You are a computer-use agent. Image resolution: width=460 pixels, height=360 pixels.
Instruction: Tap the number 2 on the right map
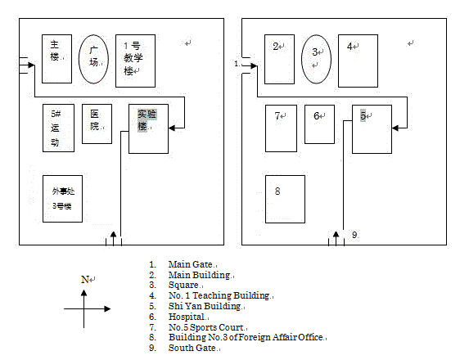276,47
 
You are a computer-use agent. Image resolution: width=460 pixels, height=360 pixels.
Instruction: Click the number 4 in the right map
350,47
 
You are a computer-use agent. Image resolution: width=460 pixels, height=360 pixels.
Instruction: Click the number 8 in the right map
277,191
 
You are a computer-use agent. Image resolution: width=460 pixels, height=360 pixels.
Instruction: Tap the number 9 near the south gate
354,235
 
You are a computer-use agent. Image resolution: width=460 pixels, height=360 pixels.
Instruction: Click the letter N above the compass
85,279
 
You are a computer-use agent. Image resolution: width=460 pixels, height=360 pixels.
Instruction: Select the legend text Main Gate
191,264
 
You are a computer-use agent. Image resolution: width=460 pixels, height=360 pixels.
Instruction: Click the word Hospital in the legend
187,317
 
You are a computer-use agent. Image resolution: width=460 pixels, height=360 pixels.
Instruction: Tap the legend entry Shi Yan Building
205,306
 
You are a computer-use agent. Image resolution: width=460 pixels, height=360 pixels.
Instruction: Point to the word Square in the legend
183,285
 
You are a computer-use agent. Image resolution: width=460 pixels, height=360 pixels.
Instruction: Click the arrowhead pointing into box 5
395,128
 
